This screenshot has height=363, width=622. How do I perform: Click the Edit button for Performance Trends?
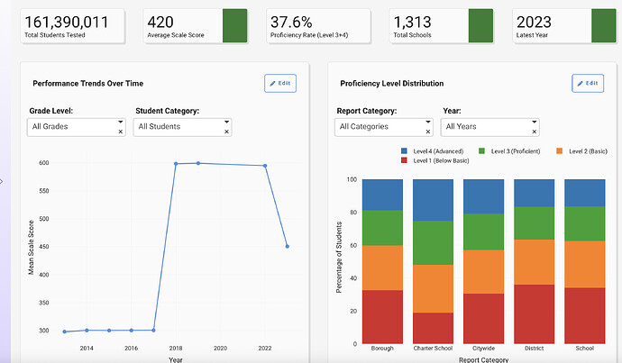[279, 83]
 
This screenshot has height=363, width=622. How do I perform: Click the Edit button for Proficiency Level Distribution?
[588, 83]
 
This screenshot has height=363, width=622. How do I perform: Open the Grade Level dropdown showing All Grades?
[77, 127]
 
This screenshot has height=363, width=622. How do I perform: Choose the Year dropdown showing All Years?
[490, 127]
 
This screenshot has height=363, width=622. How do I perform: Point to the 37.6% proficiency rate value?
[291, 22]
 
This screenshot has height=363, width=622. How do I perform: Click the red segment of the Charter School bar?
[434, 328]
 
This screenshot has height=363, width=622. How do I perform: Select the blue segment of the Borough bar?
[383, 195]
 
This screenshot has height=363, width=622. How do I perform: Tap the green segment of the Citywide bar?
[484, 231]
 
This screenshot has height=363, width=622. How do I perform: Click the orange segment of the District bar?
[535, 262]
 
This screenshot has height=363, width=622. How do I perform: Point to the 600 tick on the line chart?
[43, 163]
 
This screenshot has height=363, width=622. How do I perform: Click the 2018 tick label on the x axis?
[175, 348]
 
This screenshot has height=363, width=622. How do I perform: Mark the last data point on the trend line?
[287, 246]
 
